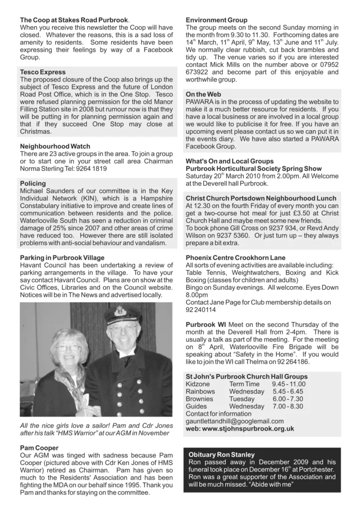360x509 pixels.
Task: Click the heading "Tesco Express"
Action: (43, 73)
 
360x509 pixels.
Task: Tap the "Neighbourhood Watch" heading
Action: (55, 147)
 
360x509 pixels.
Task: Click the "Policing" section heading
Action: (33, 183)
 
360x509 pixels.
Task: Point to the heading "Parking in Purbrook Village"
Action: (62, 257)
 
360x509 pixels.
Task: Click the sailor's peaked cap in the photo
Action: (122, 315)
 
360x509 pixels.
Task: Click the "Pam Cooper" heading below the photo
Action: (40, 448)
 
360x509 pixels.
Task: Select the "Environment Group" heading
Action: (216, 20)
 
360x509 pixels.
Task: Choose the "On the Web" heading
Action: (203, 94)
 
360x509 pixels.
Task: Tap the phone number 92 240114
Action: (201, 309)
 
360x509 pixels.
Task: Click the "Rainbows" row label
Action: (200, 392)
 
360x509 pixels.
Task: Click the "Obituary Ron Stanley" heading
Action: (222, 455)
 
